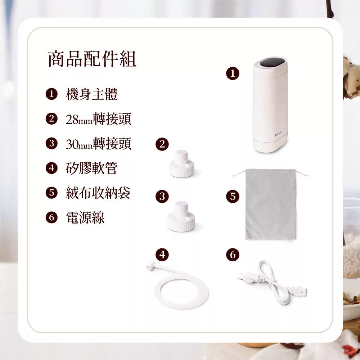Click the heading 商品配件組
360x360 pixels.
(92, 59)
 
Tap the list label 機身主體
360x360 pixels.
(91, 94)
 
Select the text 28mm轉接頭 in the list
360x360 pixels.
(99, 119)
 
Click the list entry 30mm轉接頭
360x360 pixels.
(99, 144)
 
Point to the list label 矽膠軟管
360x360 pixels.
(91, 168)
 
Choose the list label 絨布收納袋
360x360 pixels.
(98, 193)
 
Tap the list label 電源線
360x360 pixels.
(85, 217)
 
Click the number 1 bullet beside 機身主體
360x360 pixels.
(51, 94)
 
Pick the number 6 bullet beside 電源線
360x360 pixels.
(51, 217)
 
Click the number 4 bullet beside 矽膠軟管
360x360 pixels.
(51, 168)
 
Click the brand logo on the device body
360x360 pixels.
(278, 133)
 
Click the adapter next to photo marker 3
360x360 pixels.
(181, 216)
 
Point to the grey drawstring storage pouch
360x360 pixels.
(271, 204)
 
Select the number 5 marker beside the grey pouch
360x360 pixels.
(233, 197)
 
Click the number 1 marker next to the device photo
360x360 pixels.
(233, 73)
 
